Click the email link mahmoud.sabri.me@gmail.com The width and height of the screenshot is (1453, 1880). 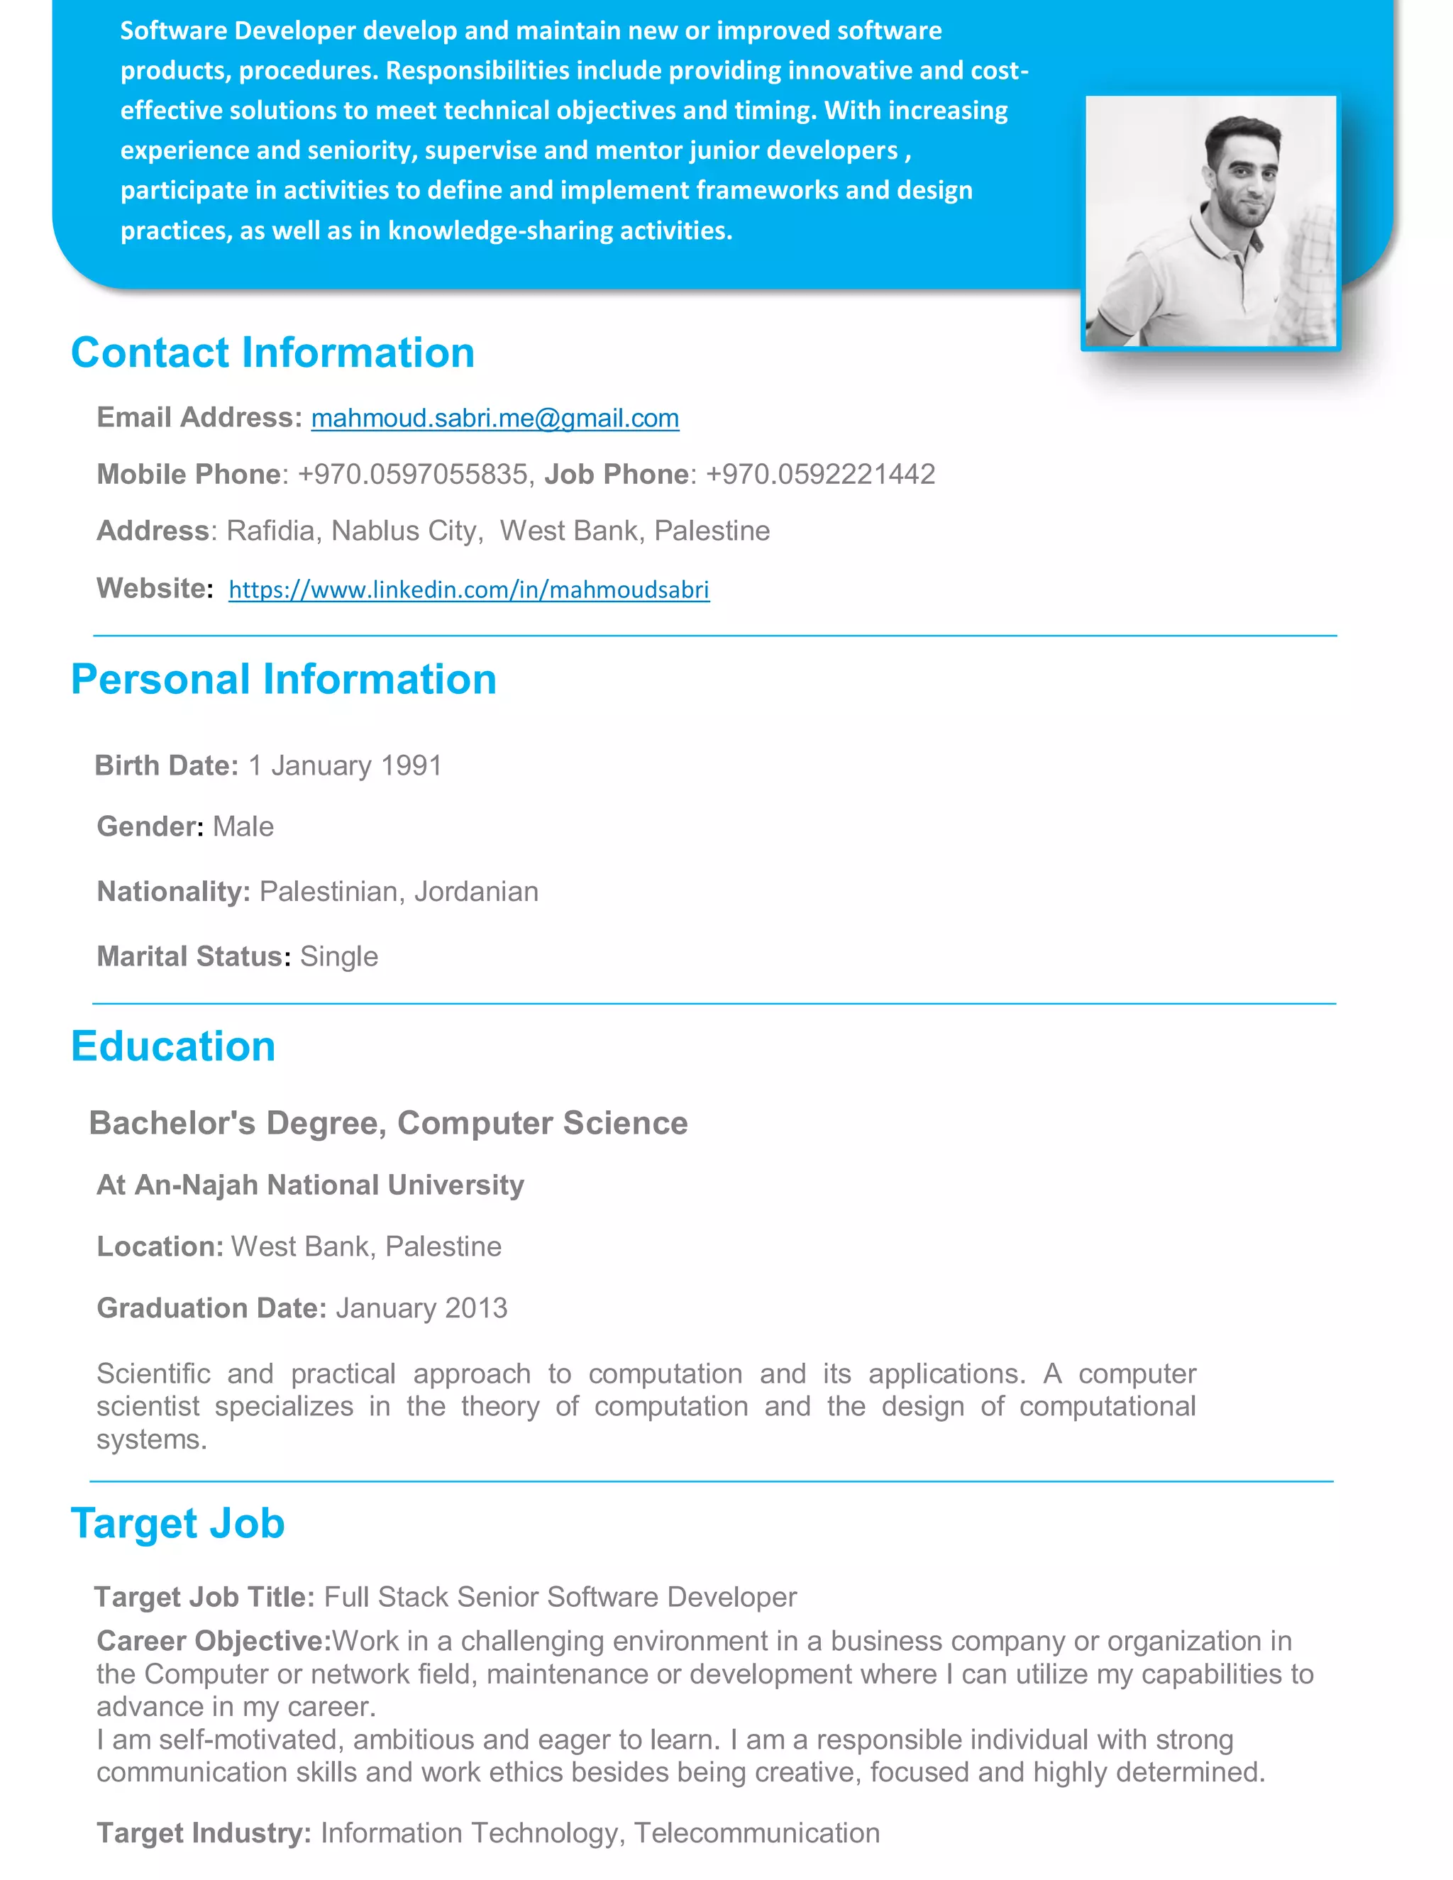coord(495,419)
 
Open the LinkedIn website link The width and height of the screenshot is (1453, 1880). coord(469,590)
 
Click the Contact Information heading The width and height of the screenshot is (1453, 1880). coord(273,353)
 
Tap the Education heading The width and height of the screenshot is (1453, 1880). coord(173,1046)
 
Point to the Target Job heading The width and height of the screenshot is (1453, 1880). coord(177,1524)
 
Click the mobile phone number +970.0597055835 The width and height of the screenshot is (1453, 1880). coord(412,475)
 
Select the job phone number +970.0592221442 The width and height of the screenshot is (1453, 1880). coord(820,475)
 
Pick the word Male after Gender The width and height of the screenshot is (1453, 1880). coord(243,827)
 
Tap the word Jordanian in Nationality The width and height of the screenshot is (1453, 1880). coord(476,892)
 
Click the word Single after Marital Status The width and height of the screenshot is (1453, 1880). coord(339,957)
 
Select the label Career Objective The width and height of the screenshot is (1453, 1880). coord(214,1642)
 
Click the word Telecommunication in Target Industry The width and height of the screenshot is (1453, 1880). coord(756,1833)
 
